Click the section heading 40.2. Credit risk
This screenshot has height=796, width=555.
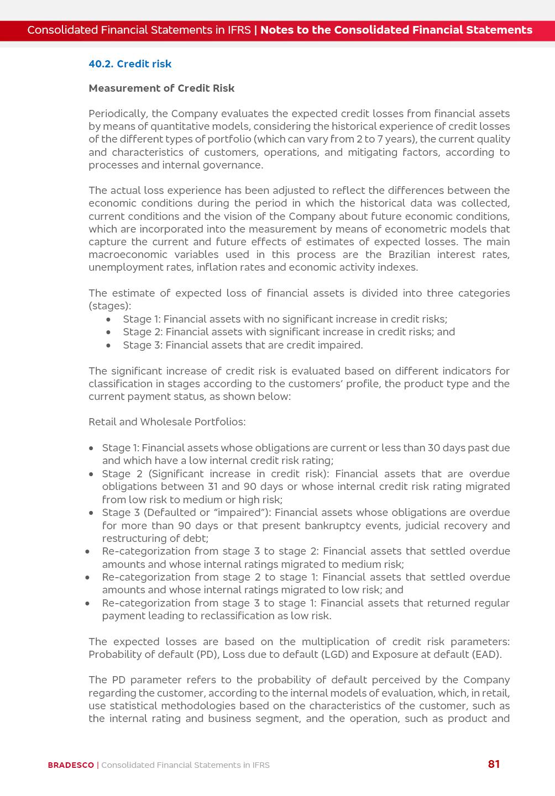pos(130,64)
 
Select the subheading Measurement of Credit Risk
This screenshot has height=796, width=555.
pos(161,88)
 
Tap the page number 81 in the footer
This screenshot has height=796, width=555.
pos(494,765)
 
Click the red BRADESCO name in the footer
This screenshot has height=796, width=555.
pos(71,765)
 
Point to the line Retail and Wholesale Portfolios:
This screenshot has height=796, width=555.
pos(167,422)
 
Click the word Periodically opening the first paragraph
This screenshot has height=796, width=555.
pos(117,114)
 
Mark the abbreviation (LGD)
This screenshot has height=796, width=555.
pos(334,655)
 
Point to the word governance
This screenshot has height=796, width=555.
pos(234,165)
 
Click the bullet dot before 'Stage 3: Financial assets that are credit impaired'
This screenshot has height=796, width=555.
pos(109,346)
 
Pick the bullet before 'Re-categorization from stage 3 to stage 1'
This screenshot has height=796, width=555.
pos(87,604)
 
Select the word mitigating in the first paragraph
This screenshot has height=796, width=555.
pos(370,152)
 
